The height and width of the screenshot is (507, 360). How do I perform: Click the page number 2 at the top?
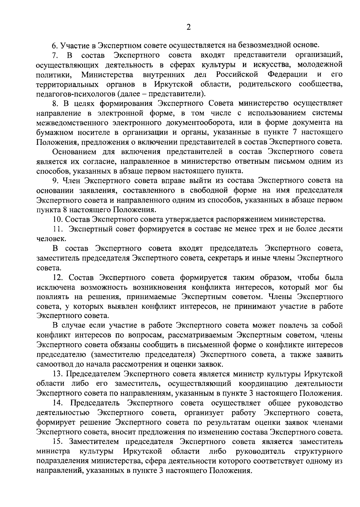188,27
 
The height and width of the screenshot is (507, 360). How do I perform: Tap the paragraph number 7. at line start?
54,55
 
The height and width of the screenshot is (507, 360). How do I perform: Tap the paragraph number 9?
55,181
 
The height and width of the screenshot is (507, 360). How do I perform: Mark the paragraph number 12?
56,277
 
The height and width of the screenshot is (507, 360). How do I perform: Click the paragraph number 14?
57,403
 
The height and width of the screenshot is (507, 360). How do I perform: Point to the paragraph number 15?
57,442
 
